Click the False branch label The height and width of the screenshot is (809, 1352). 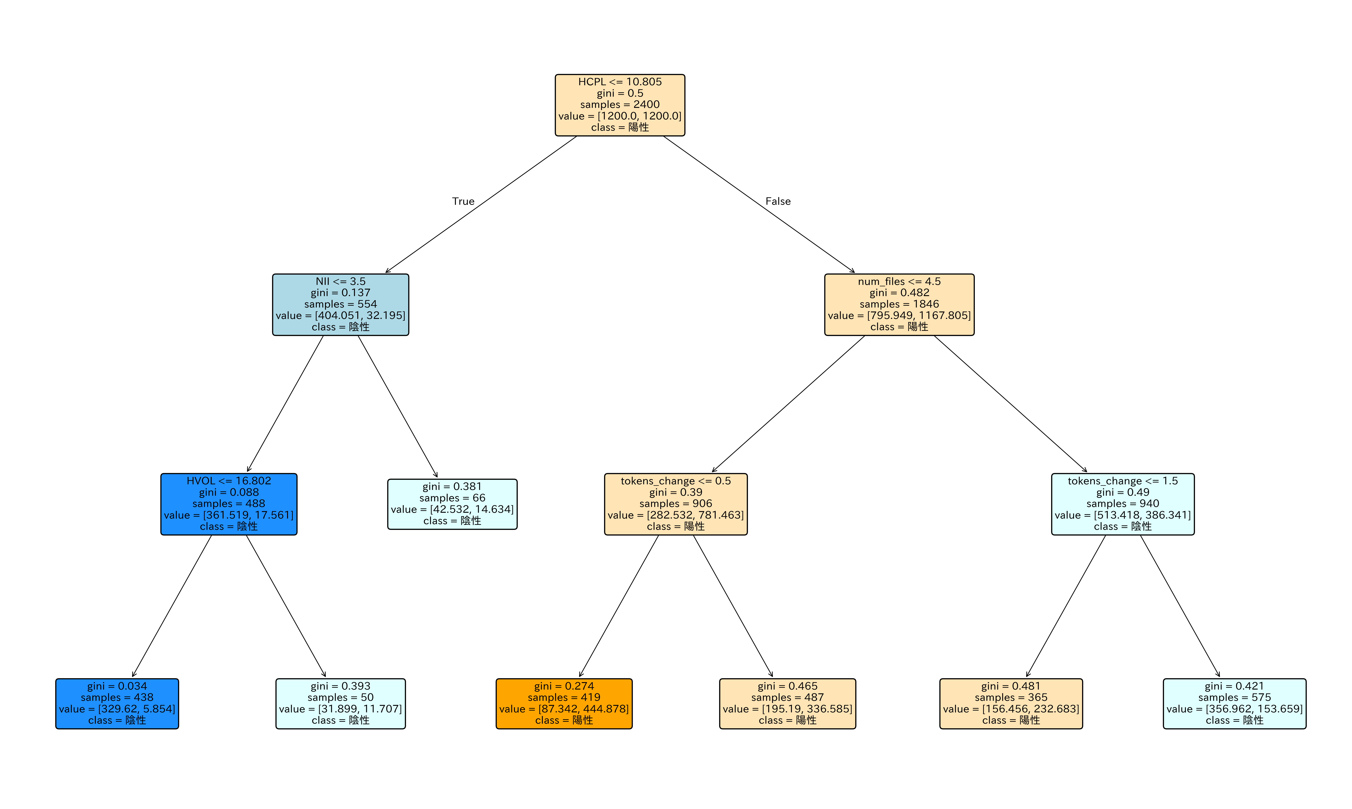[778, 201]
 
